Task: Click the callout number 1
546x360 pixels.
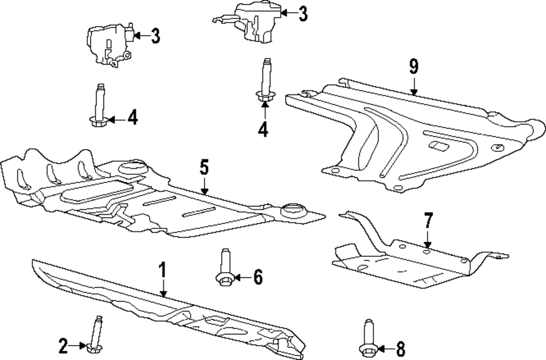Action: point(162,271)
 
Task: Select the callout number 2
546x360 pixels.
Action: point(63,345)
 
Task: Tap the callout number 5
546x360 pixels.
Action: point(204,167)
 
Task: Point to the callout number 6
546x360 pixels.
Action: point(257,278)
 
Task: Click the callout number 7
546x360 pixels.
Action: point(428,221)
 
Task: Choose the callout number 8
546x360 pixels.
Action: point(400,347)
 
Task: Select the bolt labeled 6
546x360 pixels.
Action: point(225,269)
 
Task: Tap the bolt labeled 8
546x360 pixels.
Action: point(366,337)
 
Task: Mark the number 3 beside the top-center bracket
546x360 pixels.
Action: point(304,13)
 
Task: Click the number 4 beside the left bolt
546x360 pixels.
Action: point(133,117)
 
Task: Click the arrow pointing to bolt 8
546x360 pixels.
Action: point(383,347)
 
